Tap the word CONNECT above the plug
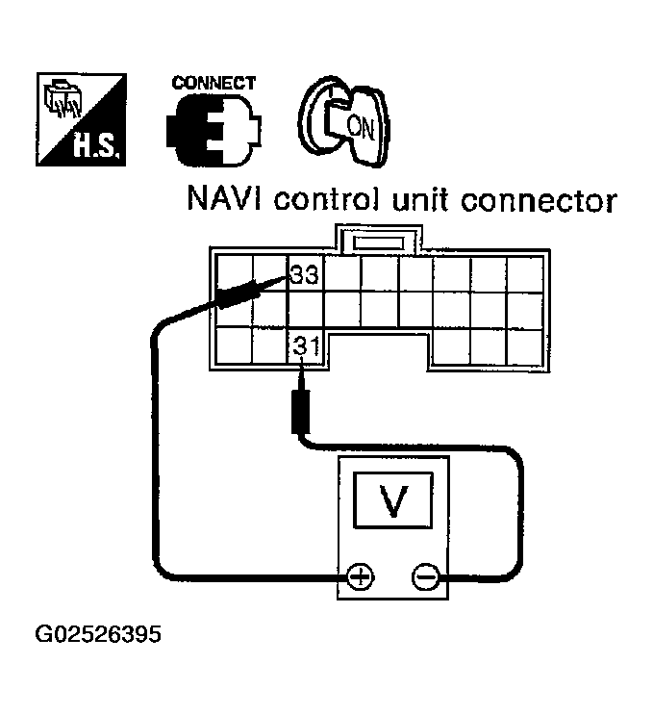click(213, 83)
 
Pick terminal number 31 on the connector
click(303, 345)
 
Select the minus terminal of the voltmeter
click(424, 576)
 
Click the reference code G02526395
click(97, 636)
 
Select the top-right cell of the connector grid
click(526, 272)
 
